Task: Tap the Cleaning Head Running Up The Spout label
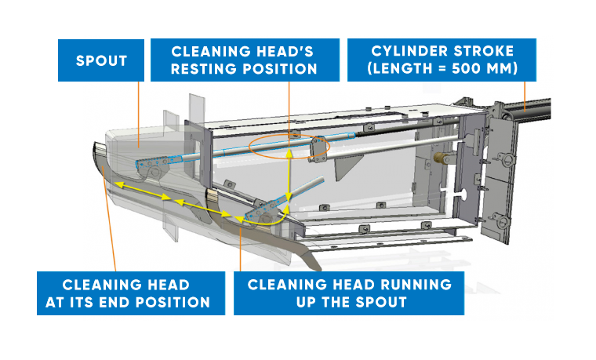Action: tap(349, 293)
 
